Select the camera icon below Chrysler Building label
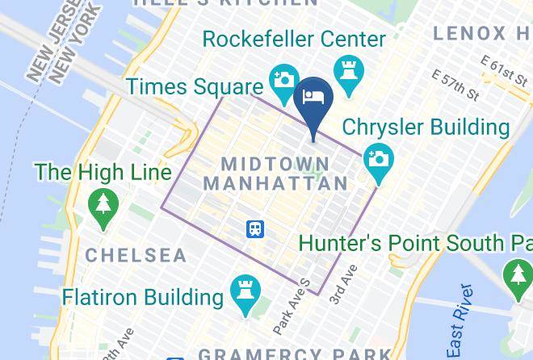coord(377,158)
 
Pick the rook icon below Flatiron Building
coord(243,289)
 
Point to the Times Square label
coord(195,86)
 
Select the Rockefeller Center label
coord(294,39)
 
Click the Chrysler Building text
coord(426,128)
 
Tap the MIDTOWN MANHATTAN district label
coord(275,174)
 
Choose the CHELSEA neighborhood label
coord(136,256)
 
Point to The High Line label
coord(103,172)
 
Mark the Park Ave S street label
coord(292,306)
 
